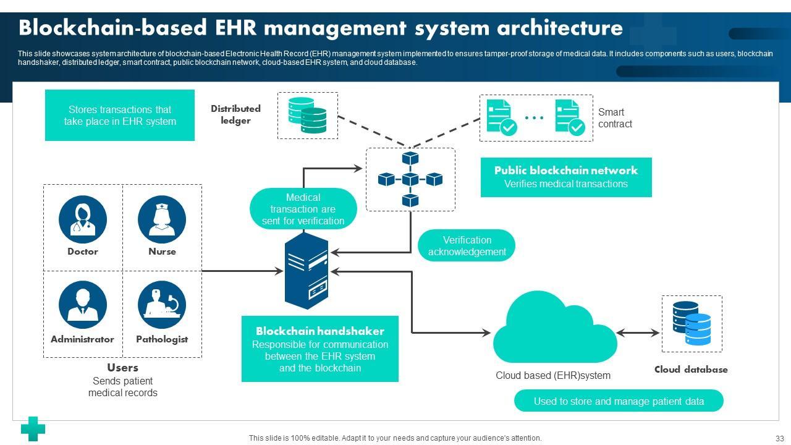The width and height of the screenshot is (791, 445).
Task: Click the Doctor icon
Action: pos(83,219)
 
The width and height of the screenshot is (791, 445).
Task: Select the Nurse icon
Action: pos(162,219)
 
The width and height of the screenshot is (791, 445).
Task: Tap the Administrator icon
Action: pos(83,305)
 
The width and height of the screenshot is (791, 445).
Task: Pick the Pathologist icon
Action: pos(162,305)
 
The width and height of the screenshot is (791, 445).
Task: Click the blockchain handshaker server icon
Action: pos(307,271)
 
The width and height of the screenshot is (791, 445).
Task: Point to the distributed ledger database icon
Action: pos(307,116)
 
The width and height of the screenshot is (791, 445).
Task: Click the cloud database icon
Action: pos(692,323)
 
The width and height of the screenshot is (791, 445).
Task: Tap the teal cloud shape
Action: pos(555,328)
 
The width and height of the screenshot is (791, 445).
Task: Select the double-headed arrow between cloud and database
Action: pos(638,333)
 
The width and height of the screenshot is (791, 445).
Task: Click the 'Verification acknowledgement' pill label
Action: pos(467,246)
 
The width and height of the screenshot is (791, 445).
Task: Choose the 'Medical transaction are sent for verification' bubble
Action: pos(303,209)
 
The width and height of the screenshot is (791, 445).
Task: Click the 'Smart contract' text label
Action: pos(615,118)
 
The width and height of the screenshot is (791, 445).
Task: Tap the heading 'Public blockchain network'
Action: pos(565,171)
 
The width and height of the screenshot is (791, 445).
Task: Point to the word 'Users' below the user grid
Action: pos(122,368)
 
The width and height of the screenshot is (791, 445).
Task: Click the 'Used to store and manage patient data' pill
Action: pos(619,401)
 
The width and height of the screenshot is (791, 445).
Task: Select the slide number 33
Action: pos(780,438)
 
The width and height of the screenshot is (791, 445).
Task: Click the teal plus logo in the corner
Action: pos(33,429)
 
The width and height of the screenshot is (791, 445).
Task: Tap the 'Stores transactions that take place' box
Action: pos(120,115)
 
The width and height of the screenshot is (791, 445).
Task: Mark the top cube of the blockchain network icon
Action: pos(410,158)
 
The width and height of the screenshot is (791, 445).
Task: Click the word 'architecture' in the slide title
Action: pos(560,28)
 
